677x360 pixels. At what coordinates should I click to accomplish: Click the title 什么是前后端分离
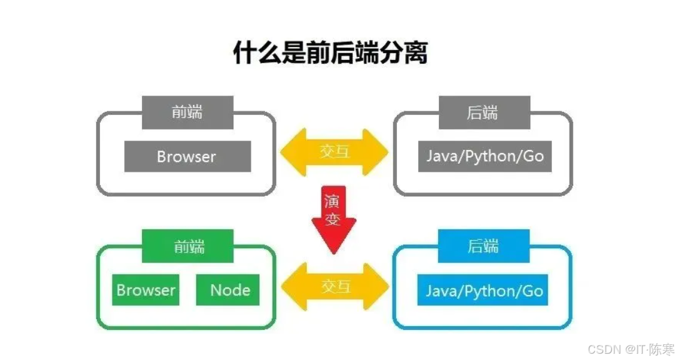330,53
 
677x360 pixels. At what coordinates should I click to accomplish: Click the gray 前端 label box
188,112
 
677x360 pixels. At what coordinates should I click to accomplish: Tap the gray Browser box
188,156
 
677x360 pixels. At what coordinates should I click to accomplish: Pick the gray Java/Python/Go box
485,156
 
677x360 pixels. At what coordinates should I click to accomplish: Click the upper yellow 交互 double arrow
334,152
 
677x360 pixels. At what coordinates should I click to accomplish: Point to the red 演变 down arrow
333,219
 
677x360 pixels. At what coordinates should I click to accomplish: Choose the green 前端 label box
188,246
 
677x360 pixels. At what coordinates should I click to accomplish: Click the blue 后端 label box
484,246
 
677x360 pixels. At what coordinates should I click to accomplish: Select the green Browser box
146,290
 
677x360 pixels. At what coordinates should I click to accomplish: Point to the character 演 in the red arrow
333,202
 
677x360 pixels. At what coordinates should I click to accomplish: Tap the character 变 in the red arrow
333,221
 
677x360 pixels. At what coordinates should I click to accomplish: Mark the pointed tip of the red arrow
334,252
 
